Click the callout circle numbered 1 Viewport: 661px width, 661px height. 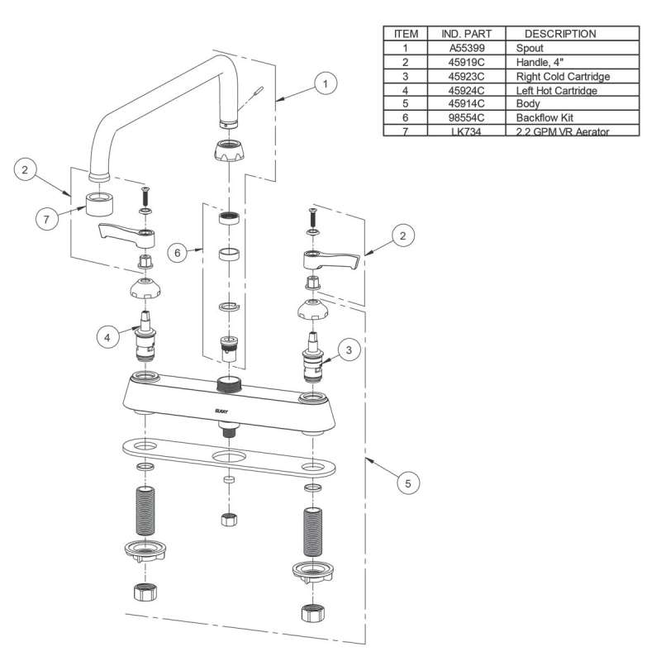point(327,83)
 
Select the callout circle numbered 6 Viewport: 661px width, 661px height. point(176,252)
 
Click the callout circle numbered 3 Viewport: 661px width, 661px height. point(350,350)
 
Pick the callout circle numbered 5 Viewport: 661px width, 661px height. point(407,481)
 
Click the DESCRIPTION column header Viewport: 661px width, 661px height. point(560,34)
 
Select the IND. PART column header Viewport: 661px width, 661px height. point(465,34)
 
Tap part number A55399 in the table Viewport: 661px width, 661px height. point(465,49)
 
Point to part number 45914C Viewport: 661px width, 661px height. point(465,104)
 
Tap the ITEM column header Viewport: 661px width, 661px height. point(406,34)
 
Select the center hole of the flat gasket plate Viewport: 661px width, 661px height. point(228,457)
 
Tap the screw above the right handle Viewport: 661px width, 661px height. point(313,217)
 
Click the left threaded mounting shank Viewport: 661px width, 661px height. point(145,511)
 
